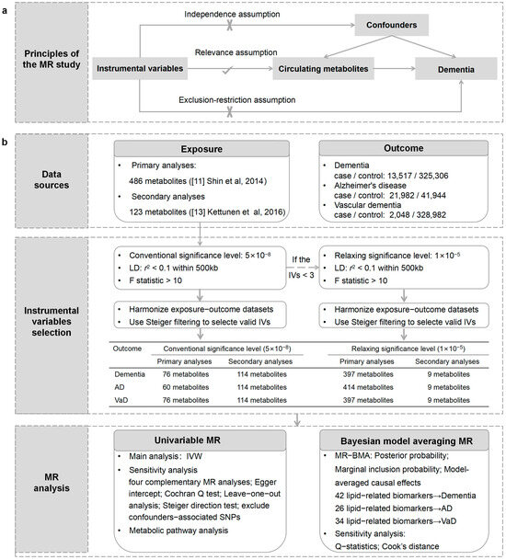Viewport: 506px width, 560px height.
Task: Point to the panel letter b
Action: point(11,146)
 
